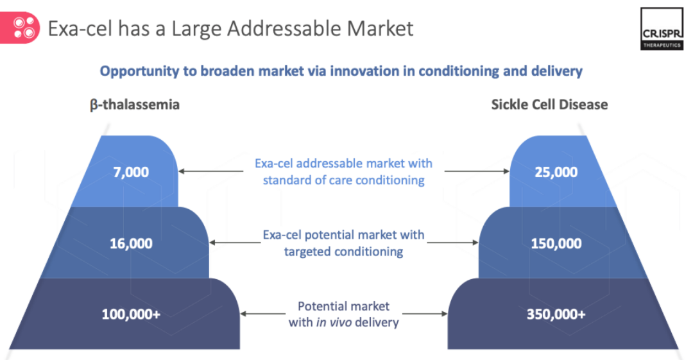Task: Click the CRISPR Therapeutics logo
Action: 662,29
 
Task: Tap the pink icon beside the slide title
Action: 20,28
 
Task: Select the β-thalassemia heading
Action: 135,105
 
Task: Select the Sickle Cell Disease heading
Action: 549,105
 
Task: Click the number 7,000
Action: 131,172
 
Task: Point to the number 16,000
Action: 131,243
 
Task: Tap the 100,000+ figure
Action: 131,314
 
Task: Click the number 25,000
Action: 556,172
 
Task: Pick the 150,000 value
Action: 556,243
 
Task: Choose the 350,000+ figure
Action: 556,314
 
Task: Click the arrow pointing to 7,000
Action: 211,171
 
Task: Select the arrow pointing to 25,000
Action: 477,171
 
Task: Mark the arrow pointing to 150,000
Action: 453,243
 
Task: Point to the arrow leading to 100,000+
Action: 262,314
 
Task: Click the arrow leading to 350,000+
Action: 425,314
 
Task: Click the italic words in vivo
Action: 334,322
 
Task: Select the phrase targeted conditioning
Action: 343,252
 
